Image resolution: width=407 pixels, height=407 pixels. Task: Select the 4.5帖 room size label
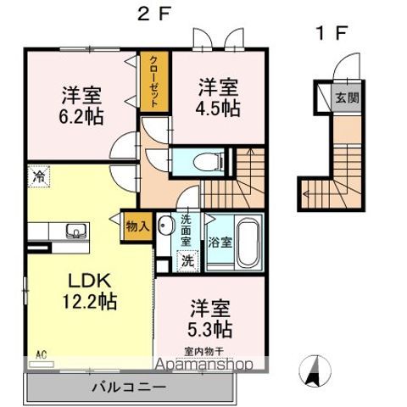[x=219, y=98]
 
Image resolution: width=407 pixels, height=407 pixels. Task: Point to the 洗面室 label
[x=187, y=231]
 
